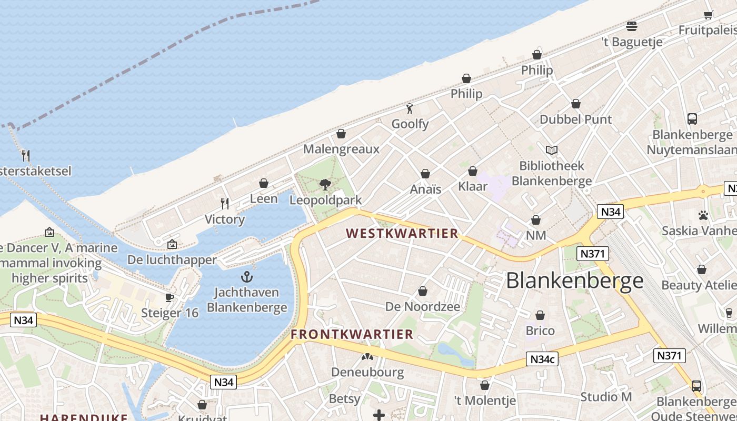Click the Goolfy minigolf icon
(x=410, y=109)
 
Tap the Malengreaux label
(x=341, y=149)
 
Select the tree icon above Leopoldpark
(x=325, y=185)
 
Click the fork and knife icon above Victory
(x=225, y=203)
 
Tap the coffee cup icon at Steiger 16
(x=170, y=297)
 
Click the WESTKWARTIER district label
(x=402, y=234)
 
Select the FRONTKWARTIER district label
(x=352, y=334)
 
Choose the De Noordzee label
(x=423, y=306)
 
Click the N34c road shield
(x=542, y=359)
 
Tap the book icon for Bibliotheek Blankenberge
(x=552, y=151)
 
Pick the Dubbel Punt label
(x=576, y=119)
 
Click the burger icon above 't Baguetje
(x=632, y=26)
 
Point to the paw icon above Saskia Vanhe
(x=703, y=215)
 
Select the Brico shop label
(x=540, y=331)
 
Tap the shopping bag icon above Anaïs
(x=425, y=174)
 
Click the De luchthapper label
(x=172, y=260)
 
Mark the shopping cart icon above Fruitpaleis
(x=709, y=15)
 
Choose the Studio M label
(x=606, y=396)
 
